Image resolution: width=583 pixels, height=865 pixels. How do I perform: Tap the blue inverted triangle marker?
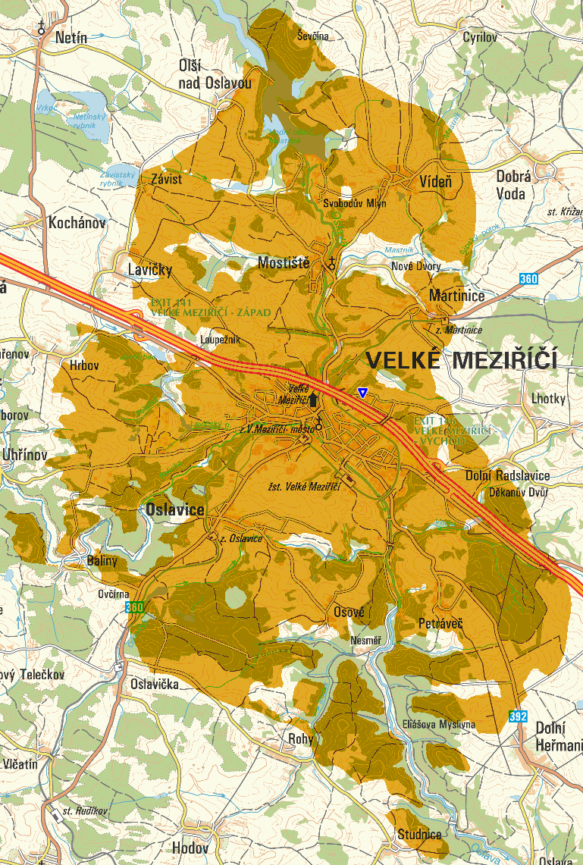[363, 392]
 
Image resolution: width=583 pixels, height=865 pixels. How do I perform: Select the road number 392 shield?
[519, 714]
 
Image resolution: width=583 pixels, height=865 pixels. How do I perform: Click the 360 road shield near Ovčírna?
[135, 607]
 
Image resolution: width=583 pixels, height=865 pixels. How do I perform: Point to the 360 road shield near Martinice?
[529, 280]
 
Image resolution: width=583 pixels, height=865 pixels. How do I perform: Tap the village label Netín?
[71, 37]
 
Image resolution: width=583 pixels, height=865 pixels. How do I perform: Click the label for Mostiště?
[284, 263]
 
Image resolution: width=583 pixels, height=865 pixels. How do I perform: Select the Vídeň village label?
[435, 182]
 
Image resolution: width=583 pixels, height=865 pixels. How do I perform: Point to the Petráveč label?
[440, 623]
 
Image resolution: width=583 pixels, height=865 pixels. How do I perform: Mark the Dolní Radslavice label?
[507, 475]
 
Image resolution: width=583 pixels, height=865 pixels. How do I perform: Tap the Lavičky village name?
[150, 270]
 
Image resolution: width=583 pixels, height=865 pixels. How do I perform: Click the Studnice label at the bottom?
[419, 835]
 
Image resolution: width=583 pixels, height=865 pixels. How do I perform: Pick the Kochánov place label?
[77, 224]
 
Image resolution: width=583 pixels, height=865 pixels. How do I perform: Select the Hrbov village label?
[84, 364]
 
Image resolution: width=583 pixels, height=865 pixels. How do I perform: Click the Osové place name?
[349, 612]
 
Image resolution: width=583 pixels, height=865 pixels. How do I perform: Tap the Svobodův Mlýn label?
[354, 204]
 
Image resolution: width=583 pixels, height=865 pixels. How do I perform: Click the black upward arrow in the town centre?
[314, 399]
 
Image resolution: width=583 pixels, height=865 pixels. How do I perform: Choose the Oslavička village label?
[155, 685]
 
